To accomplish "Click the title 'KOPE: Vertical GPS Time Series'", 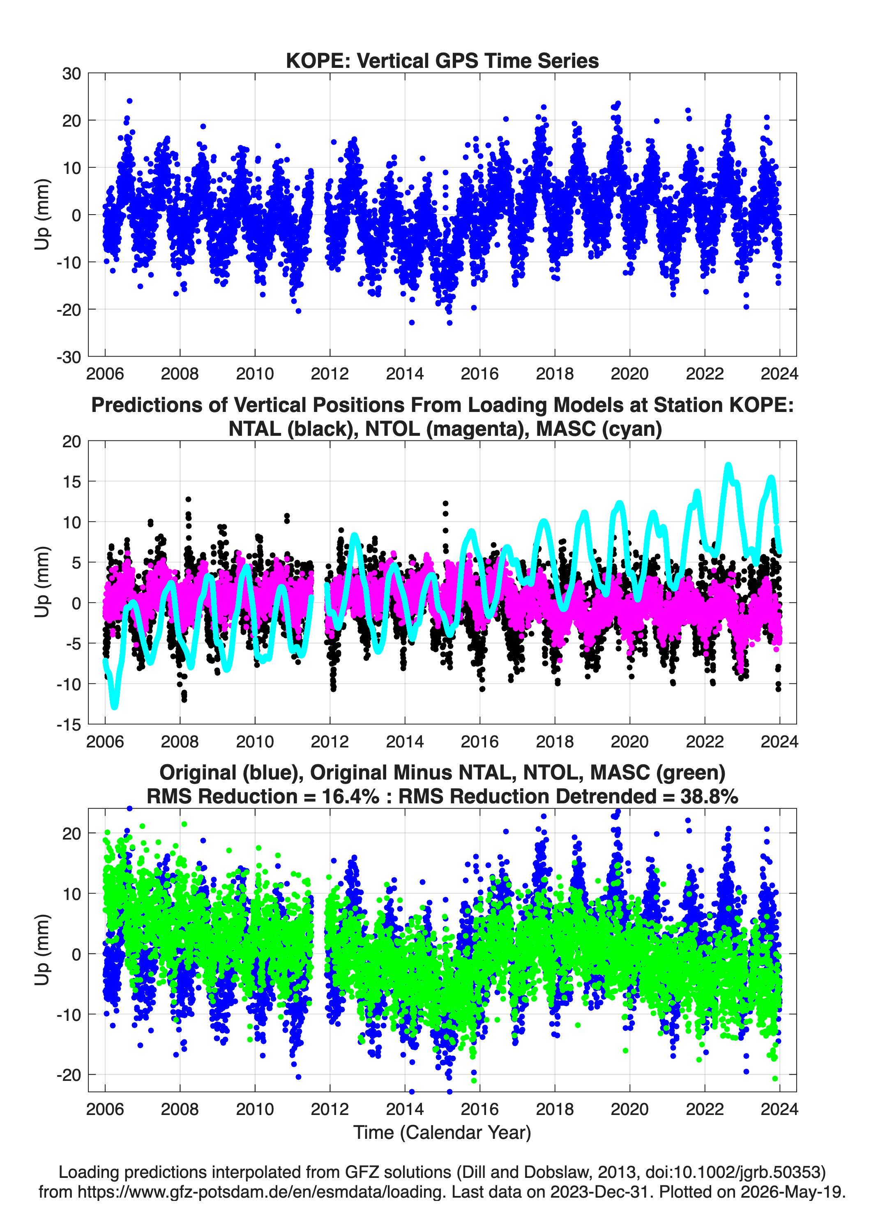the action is click(442, 60).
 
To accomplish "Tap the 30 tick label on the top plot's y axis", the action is click(71, 74).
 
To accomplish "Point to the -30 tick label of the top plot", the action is click(69, 357).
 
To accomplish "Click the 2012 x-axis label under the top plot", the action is click(330, 374).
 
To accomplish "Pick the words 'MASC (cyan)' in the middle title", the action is click(599, 429).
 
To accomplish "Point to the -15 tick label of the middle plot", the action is click(69, 725).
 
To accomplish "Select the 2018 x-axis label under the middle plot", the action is click(554, 741).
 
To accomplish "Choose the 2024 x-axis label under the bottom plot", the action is click(779, 1109).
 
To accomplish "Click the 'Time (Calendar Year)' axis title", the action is click(442, 1132).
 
